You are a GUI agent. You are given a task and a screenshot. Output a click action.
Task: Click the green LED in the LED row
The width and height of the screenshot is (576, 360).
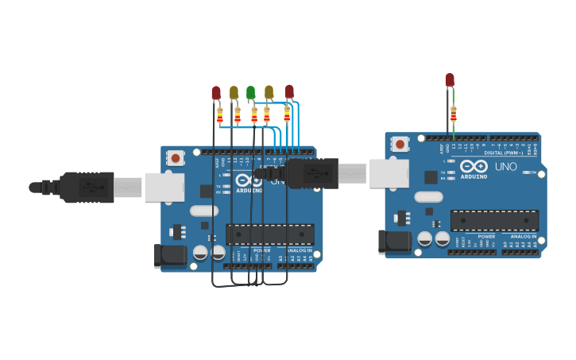point(250,92)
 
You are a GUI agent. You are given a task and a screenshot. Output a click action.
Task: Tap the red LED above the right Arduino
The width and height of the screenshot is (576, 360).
point(450,79)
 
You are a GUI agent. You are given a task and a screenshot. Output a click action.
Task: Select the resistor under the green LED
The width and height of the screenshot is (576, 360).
point(253,114)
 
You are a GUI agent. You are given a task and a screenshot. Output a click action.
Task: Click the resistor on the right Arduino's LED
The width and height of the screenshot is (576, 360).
point(454,113)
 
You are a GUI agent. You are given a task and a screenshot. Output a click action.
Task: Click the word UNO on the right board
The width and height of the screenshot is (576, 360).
point(506,167)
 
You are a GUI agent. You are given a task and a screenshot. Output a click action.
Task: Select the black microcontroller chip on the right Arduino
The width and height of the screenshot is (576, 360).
point(494,220)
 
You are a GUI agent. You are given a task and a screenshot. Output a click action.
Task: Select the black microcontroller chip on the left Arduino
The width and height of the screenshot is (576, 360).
point(269,234)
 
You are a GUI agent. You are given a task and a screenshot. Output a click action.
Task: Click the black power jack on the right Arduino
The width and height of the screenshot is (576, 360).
point(394,241)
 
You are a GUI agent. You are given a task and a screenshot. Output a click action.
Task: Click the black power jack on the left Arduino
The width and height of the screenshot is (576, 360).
point(169,255)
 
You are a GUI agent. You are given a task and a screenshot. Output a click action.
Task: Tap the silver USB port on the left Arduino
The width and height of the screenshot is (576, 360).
point(164,188)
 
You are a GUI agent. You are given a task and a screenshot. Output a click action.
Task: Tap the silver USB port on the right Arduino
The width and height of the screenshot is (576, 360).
point(389,173)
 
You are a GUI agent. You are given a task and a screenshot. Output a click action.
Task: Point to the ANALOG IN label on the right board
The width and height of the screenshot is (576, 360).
point(523,236)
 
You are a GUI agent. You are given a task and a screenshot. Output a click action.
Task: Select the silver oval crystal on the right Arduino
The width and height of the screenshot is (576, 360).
point(428,197)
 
